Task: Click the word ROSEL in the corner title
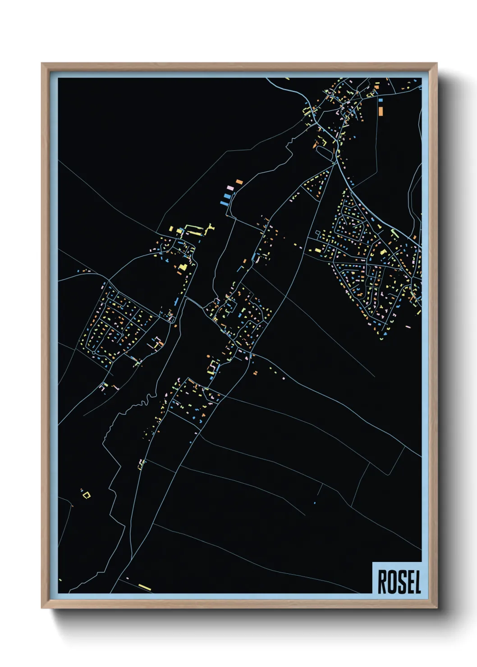pos(399,582)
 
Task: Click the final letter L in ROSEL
pos(417,582)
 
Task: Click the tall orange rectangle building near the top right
pos(381,110)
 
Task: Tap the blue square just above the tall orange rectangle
pos(381,100)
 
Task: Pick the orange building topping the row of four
pos(239,182)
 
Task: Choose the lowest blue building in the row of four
pos(224,203)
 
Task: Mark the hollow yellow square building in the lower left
pos(86,495)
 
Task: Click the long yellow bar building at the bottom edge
pos(145,587)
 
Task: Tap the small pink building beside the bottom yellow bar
pos(128,578)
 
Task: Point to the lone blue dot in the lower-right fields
pos(315,503)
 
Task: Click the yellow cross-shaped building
pos(209,227)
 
